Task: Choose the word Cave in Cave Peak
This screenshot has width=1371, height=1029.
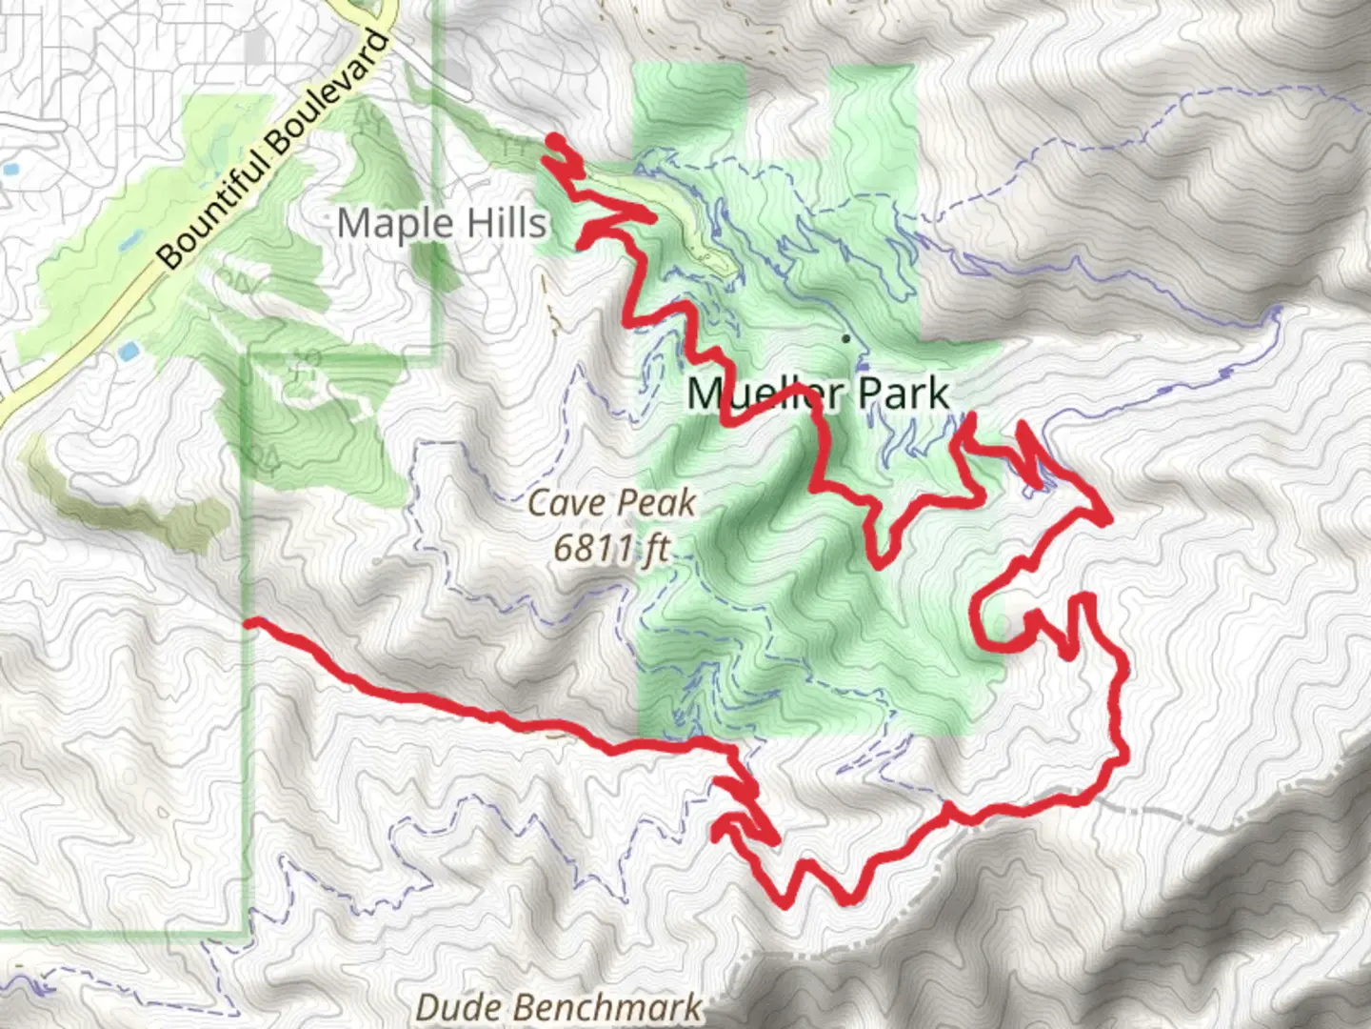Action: (x=563, y=503)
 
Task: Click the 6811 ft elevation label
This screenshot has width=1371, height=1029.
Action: (x=610, y=549)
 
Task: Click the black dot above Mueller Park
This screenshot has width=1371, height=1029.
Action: (x=845, y=337)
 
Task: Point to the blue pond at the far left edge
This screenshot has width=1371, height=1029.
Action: (x=10, y=171)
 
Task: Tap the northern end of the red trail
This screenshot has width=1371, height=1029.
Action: (x=553, y=141)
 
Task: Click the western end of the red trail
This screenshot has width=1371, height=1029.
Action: (x=249, y=623)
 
